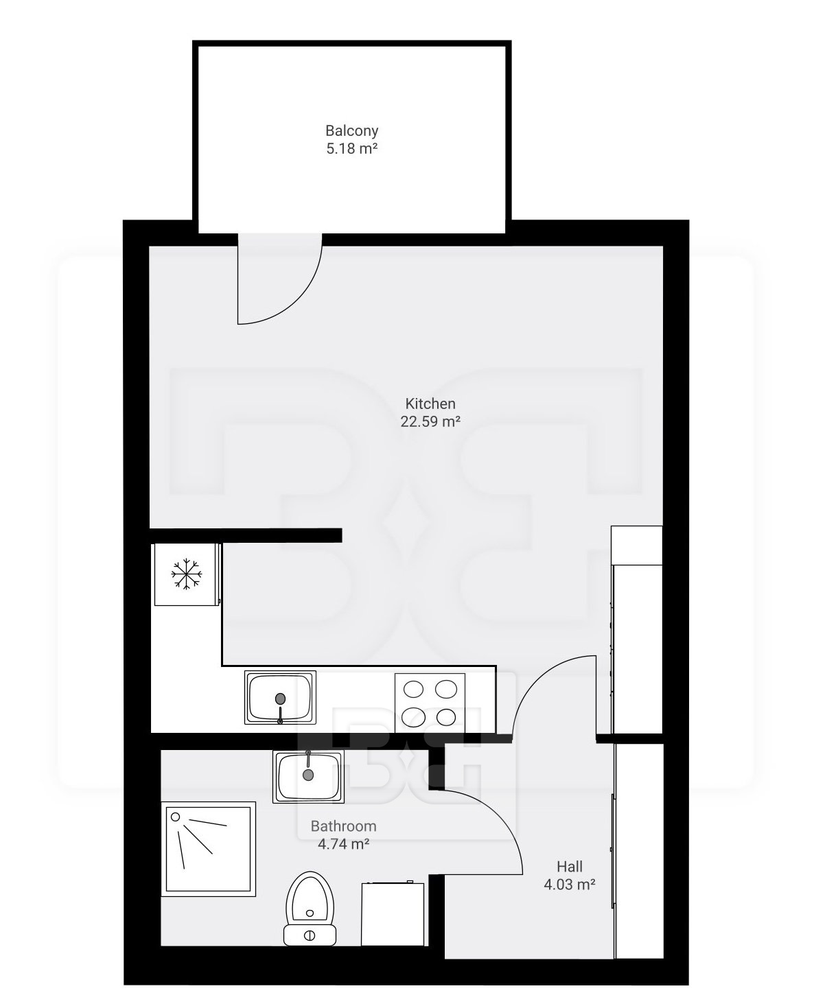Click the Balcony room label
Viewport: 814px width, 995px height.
point(351,130)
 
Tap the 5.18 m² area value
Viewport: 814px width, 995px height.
point(351,149)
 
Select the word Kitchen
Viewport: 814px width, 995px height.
point(430,403)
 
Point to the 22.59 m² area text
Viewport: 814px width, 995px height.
point(430,421)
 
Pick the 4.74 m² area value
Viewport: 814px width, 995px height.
point(344,843)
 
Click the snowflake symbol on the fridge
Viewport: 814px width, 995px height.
point(187,574)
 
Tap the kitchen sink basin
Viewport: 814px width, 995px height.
point(280,697)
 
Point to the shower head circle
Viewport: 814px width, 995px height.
point(176,817)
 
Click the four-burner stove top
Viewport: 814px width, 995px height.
point(430,703)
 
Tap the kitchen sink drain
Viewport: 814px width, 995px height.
point(280,699)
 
